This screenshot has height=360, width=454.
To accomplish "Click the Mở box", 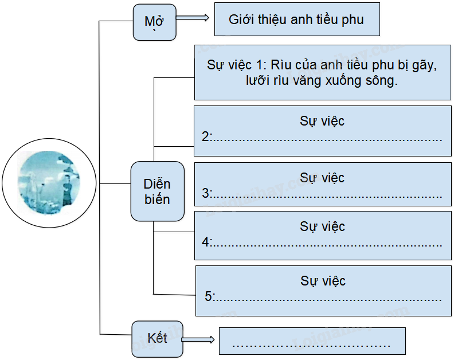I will point(154,22).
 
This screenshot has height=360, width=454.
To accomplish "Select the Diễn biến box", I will point(157,191).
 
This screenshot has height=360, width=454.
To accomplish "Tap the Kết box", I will point(157,338).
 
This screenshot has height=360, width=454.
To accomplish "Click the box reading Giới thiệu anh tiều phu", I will point(296,19).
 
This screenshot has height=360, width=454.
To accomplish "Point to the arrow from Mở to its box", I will point(193,18).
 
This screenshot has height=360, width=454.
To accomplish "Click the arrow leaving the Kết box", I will point(199,340).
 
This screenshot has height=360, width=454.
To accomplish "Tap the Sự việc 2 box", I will point(322,130).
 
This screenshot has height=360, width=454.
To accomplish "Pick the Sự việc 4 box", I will point(322,234).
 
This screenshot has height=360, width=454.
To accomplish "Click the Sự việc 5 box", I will point(323,289).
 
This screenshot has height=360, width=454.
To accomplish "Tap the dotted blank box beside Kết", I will point(313,343).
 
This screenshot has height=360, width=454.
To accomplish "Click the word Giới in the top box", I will point(241,19).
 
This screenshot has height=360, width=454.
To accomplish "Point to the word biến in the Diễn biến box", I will point(156,199).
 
